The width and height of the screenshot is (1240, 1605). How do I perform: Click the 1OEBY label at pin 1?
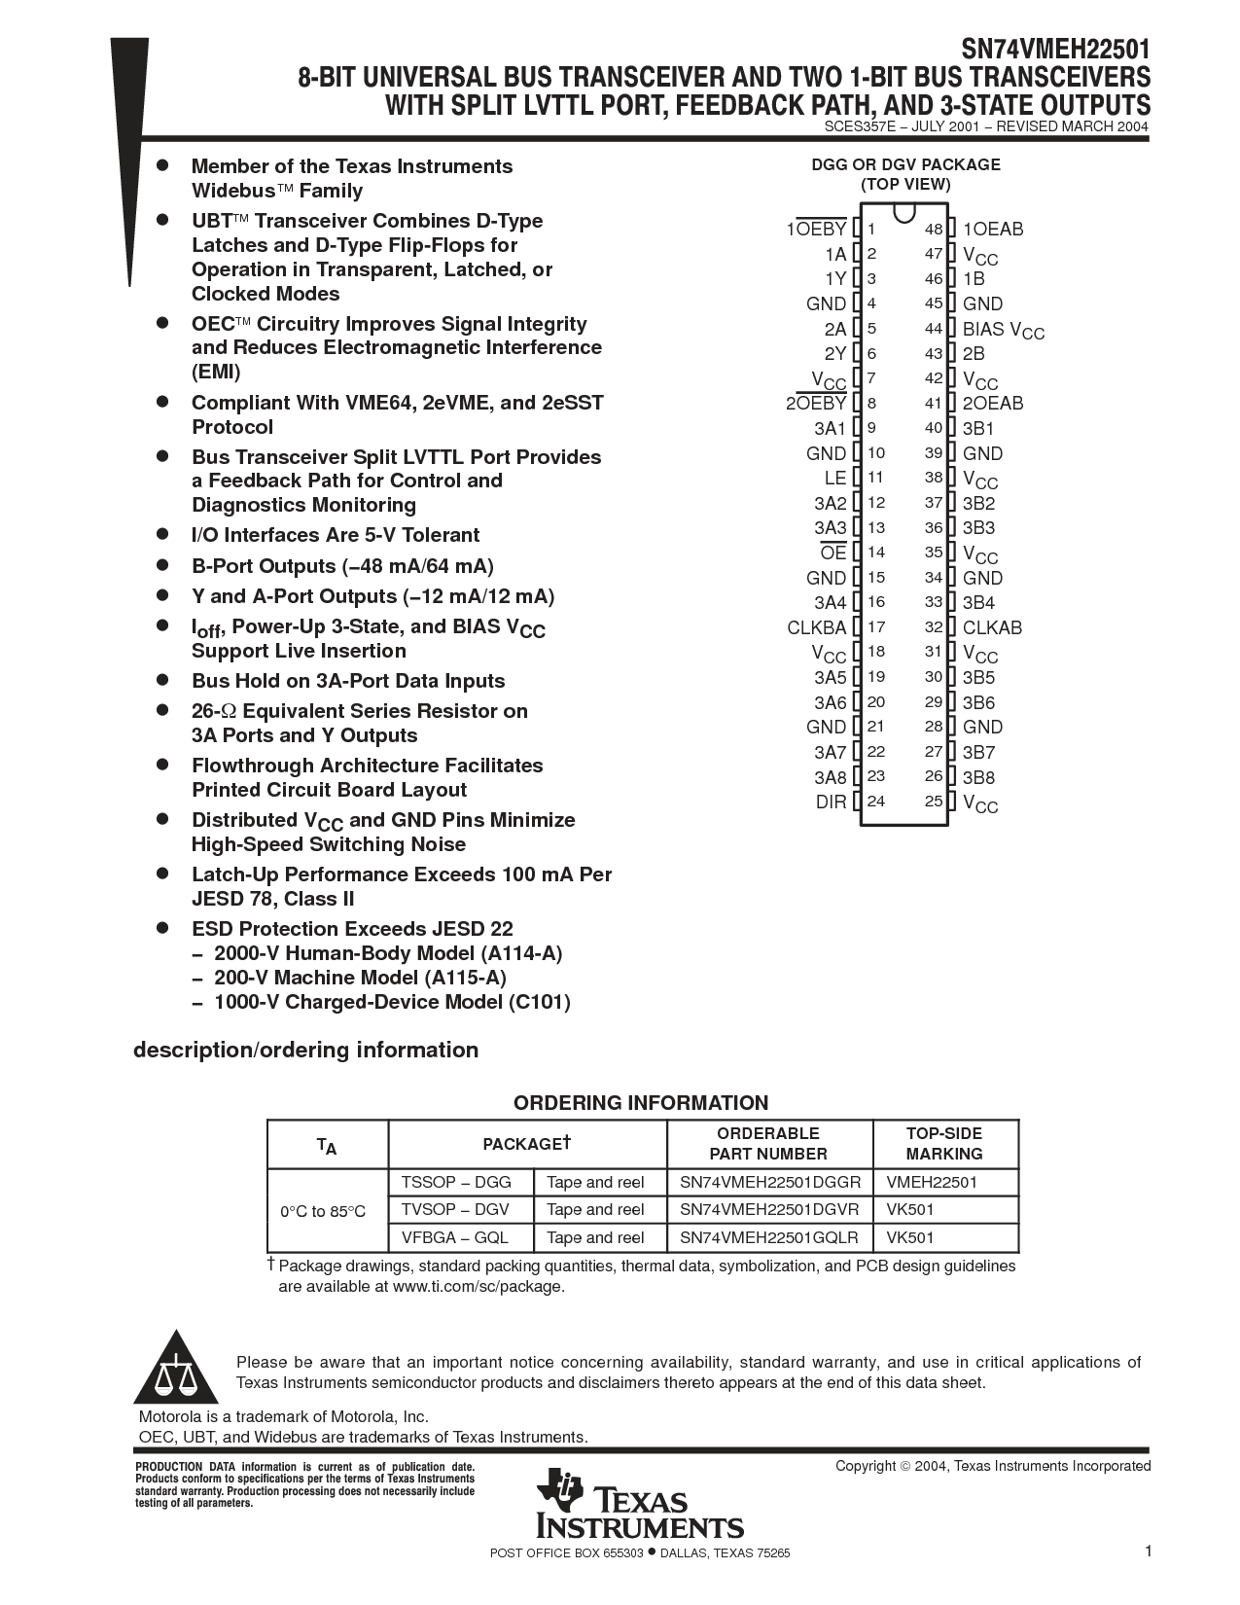click(x=816, y=230)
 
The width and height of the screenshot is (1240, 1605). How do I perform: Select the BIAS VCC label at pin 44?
click(x=1003, y=330)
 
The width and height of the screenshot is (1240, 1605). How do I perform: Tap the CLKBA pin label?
click(x=817, y=627)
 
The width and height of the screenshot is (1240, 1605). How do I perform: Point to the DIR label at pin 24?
click(x=831, y=802)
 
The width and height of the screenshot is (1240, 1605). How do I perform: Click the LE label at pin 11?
click(x=835, y=478)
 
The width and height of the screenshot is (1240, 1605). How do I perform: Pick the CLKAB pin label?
click(x=992, y=627)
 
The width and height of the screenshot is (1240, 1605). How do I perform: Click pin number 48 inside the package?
click(x=934, y=230)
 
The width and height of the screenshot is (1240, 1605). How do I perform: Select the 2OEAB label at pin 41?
click(x=993, y=403)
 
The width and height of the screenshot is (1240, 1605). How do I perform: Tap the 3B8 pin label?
click(x=978, y=777)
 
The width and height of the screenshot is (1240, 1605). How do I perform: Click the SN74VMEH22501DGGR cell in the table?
click(x=770, y=1183)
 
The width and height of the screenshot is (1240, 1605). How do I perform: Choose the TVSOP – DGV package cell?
click(x=455, y=1210)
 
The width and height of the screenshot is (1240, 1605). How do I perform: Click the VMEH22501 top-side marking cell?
click(x=932, y=1183)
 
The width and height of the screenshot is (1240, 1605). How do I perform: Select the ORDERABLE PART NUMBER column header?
click(x=768, y=1144)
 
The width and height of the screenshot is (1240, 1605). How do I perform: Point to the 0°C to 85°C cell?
click(x=323, y=1211)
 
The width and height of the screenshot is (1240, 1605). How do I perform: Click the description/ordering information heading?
click(x=305, y=1051)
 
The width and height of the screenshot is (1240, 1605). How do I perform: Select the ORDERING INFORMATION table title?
click(x=641, y=1103)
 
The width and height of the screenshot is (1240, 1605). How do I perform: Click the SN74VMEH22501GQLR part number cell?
click(x=769, y=1238)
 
